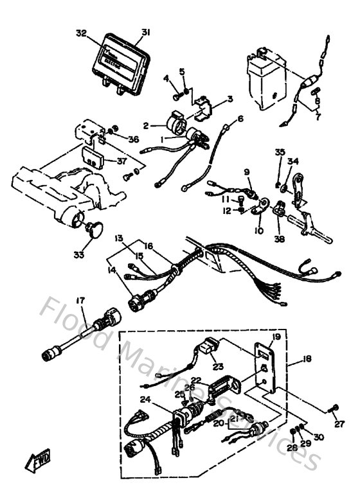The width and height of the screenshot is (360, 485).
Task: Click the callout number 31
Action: [x=146, y=32]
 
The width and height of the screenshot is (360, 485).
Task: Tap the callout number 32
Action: [x=80, y=32]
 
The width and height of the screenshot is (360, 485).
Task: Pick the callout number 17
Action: [x=80, y=300]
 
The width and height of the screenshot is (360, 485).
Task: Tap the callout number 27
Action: [x=339, y=424]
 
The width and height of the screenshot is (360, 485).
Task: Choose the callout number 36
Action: [x=133, y=139]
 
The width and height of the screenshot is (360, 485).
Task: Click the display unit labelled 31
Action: [x=122, y=58]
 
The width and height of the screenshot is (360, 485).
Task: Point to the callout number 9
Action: [x=246, y=172]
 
